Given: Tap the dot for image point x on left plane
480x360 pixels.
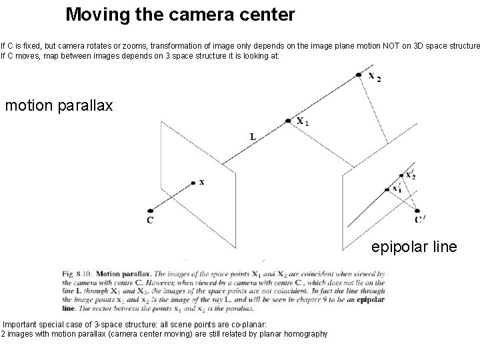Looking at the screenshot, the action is click(x=193, y=181).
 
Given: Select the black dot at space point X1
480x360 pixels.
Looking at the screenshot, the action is click(x=288, y=121).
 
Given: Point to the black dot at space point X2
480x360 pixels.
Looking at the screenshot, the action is click(x=359, y=73).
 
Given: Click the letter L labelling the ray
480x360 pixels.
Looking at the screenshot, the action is click(x=253, y=137).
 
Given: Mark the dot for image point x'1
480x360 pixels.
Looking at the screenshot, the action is click(x=387, y=190).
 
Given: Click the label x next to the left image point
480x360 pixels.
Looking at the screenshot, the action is click(x=202, y=184).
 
